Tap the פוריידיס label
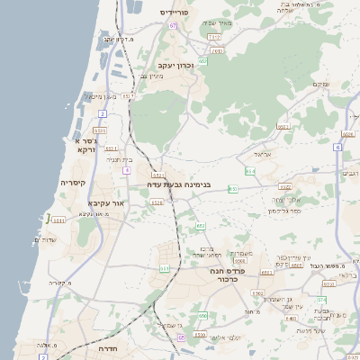(177, 13)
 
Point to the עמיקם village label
(319, 84)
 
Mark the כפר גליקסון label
(284, 210)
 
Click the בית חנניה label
(120, 159)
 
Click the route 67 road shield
(172, 25)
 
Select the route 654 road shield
(250, 169)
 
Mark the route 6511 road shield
(58, 220)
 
